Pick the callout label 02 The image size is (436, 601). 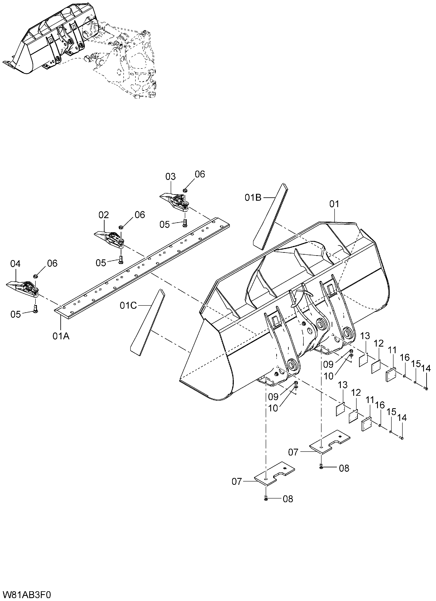(x=104, y=215)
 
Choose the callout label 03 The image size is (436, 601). (x=171, y=176)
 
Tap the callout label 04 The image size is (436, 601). (x=15, y=264)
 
